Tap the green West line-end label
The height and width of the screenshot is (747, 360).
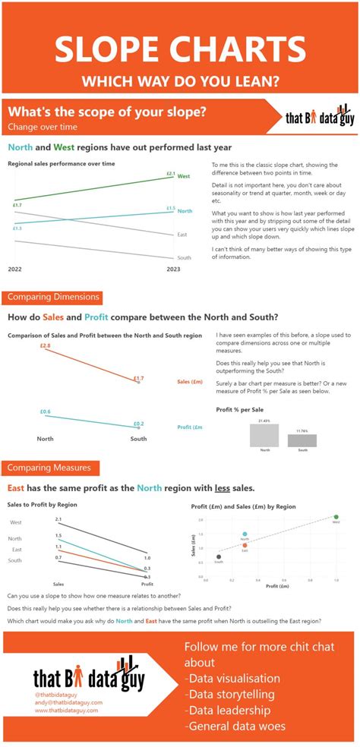coord(184,175)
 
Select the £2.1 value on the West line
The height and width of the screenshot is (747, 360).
coord(170,173)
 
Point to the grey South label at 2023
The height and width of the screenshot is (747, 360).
coord(184,257)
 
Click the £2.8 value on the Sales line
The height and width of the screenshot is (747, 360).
coord(46,346)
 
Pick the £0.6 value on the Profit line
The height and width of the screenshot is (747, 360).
coord(46,411)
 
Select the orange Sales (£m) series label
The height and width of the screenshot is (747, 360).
coord(189,381)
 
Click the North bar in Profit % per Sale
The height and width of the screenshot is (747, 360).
coord(265,435)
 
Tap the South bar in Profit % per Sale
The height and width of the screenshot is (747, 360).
coord(302,440)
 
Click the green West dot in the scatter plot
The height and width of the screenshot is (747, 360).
coord(336,517)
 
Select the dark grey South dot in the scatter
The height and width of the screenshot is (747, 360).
coord(219,557)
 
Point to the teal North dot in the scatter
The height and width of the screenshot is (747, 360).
coord(245,534)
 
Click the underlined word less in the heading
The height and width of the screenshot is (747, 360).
coord(223,488)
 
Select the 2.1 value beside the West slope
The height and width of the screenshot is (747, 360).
coord(58,518)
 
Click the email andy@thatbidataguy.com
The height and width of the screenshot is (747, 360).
coord(68,702)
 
